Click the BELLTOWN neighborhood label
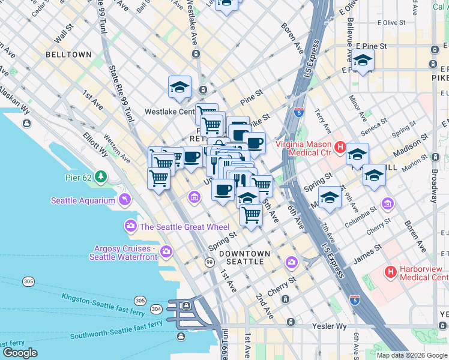click(x=68, y=55)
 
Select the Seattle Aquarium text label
click(x=83, y=201)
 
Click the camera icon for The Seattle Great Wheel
click(x=130, y=226)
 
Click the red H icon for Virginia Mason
click(x=340, y=146)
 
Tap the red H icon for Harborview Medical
click(x=391, y=272)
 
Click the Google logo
click(x=20, y=352)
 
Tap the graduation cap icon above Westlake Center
click(x=179, y=87)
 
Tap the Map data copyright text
click(x=412, y=355)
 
